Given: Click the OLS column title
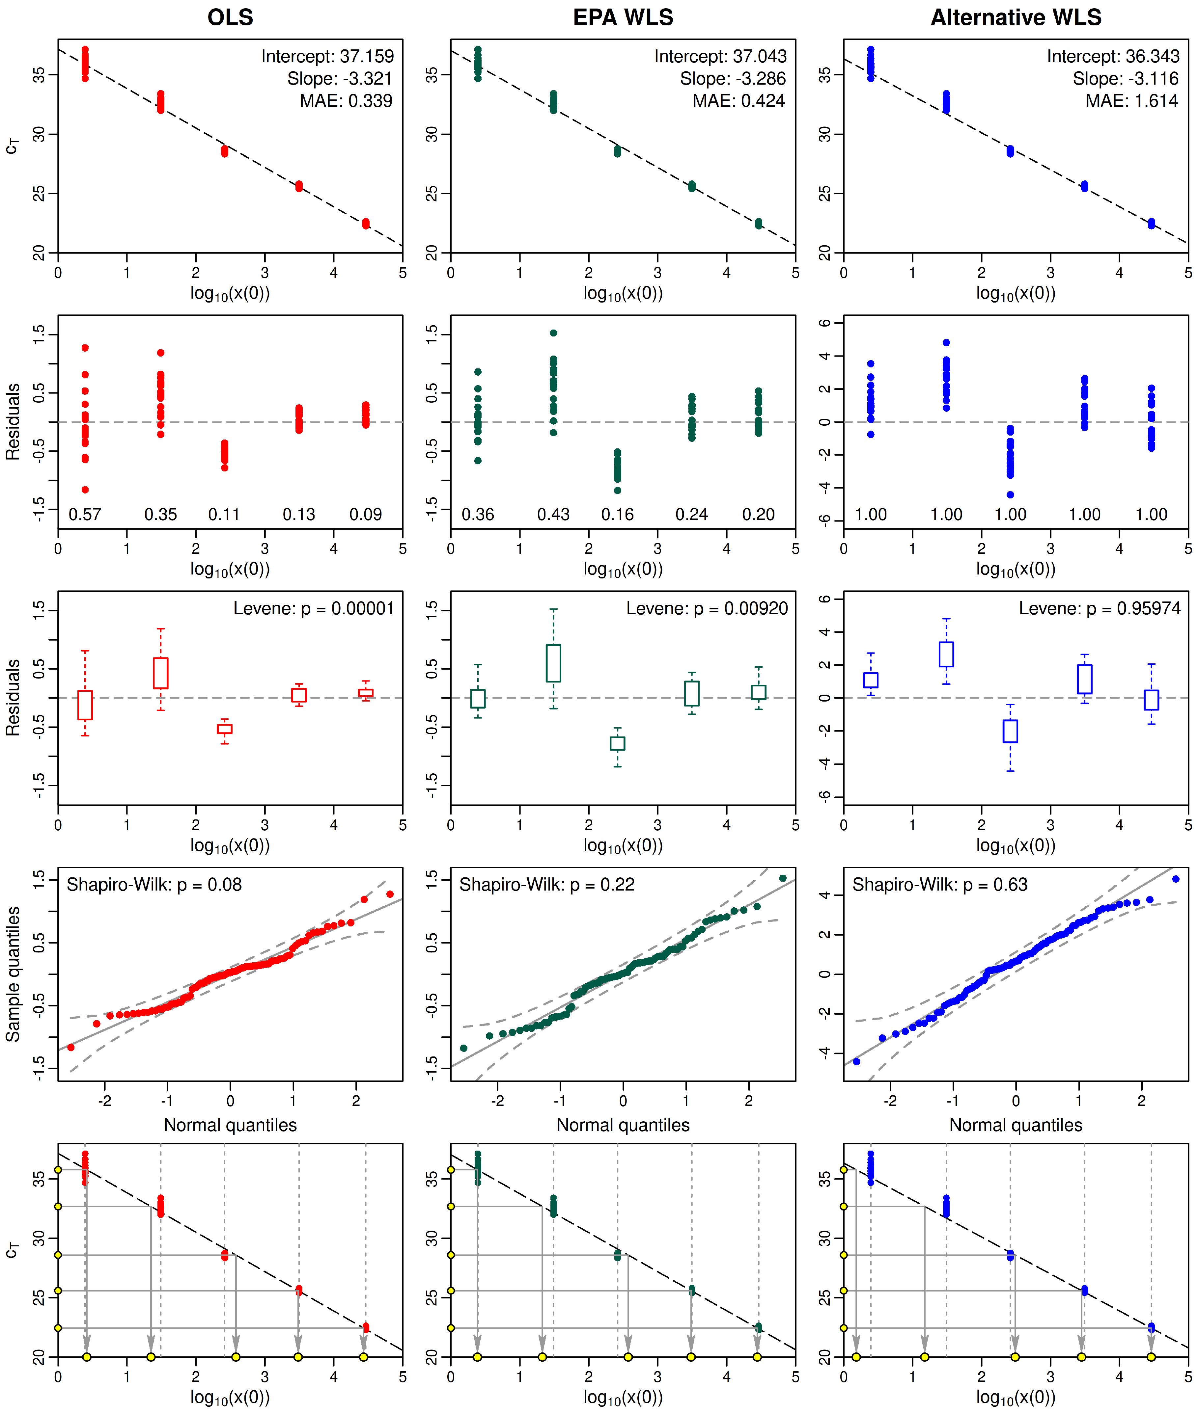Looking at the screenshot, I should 230,17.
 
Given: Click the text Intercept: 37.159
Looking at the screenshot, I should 327,56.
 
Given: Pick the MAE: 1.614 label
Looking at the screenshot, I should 1131,101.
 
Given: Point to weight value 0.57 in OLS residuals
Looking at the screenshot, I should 85,515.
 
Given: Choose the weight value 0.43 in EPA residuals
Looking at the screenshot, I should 553,515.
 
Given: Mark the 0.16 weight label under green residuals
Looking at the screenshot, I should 617,515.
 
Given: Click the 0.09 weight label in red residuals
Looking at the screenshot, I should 365,515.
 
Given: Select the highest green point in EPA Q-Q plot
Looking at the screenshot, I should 783,878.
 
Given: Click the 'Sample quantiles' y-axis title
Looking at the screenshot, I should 14,974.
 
